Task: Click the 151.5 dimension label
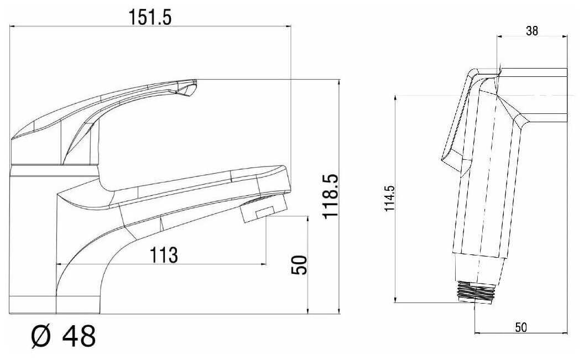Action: click(150, 17)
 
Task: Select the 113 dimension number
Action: click(164, 255)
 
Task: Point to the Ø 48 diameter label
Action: click(63, 336)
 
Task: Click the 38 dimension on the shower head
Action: click(532, 30)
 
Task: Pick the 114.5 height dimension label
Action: click(389, 198)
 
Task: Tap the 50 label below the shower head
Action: click(521, 327)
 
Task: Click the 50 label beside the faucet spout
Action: click(299, 265)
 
